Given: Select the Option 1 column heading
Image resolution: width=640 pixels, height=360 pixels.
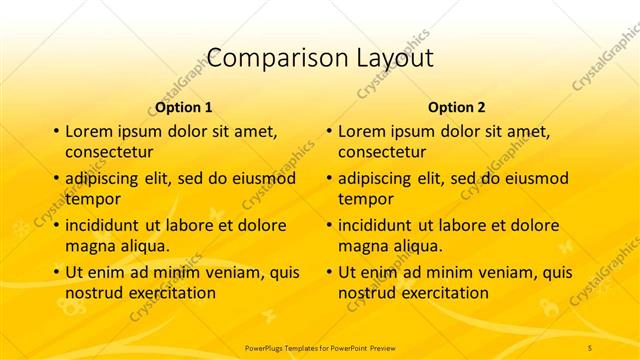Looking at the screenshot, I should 184,107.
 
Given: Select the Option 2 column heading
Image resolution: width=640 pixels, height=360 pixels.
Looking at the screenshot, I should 457,107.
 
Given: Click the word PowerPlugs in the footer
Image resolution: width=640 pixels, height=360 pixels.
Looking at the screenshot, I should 268,346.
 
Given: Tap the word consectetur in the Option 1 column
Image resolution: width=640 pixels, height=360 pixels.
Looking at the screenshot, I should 109,152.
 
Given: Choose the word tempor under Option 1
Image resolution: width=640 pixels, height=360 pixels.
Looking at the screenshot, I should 92,199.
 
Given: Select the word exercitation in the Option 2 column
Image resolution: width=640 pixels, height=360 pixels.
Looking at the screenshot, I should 441,293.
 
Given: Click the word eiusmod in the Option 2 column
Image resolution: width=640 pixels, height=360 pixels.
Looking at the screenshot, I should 534,179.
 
